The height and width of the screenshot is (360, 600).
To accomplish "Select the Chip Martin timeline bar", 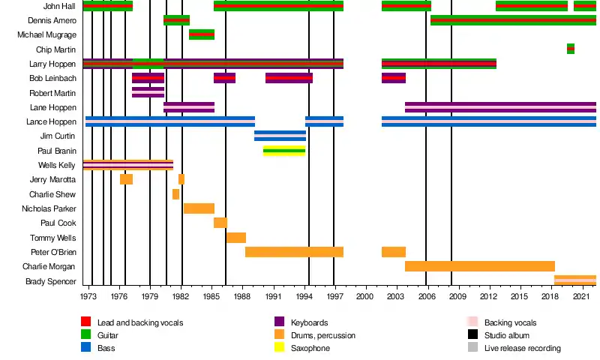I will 571,49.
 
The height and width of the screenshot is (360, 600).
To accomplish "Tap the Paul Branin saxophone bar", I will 283,151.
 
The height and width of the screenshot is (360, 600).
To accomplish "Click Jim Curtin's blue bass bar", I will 280,136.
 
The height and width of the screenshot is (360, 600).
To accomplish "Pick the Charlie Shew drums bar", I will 175,194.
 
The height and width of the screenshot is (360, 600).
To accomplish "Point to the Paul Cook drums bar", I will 220,223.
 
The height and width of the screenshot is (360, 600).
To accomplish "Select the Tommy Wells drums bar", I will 236,238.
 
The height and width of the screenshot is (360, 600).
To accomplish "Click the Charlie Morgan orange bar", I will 480,266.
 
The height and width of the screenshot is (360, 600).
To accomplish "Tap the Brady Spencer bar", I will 575,280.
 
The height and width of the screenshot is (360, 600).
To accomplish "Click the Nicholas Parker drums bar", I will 199,208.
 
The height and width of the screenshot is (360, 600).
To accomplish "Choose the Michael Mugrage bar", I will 202,34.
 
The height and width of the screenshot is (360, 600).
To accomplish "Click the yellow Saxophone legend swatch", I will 86,348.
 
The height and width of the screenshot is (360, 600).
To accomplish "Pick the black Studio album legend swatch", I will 472,335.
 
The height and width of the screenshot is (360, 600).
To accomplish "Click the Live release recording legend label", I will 523,348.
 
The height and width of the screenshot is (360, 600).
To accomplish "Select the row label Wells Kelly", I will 57,165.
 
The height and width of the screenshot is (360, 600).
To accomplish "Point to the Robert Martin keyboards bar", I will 148,92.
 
